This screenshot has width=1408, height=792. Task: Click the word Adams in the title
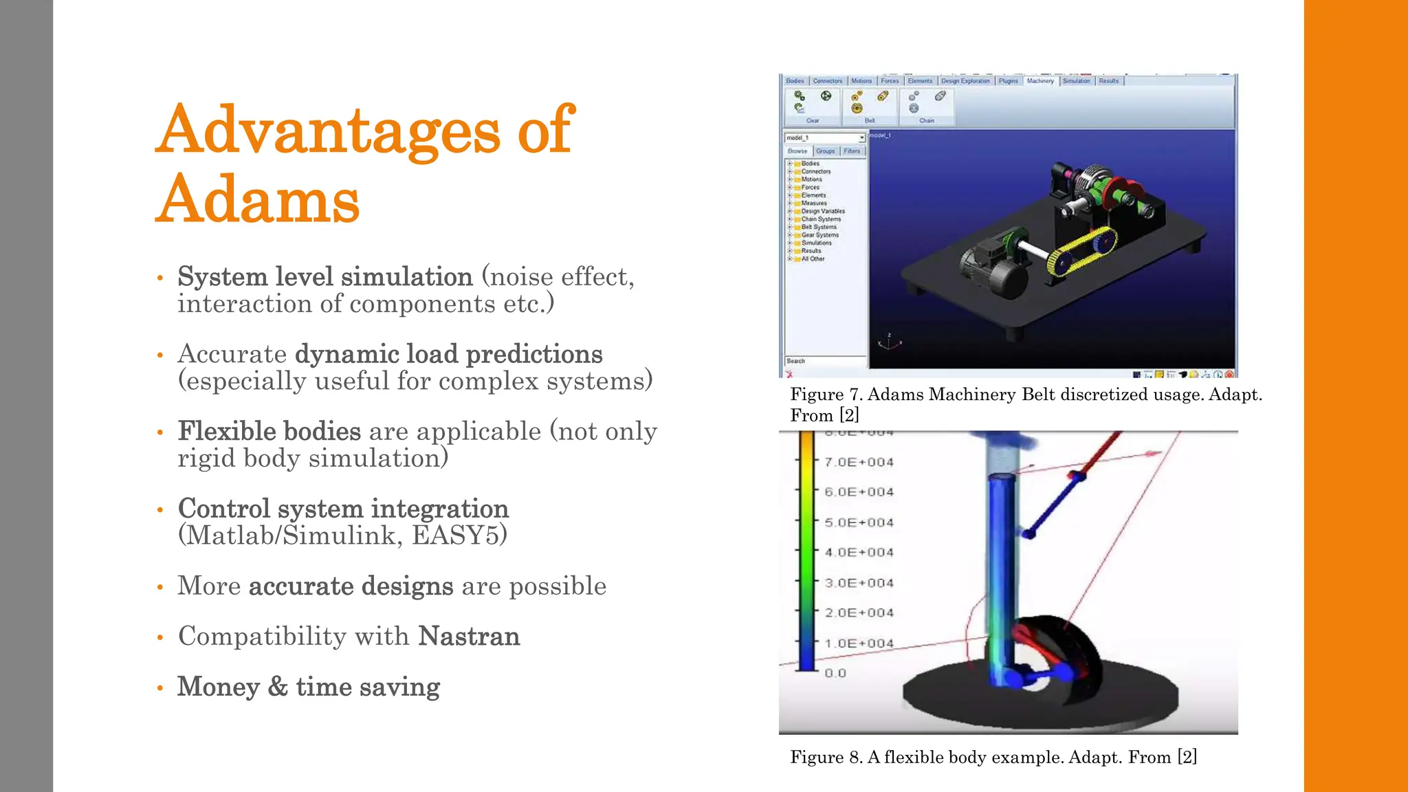(258, 200)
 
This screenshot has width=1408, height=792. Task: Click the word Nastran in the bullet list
(469, 636)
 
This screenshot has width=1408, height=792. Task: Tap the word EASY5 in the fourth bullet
(459, 536)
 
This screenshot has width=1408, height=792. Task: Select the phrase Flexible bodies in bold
(269, 431)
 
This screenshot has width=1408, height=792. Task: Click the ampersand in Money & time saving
(278, 686)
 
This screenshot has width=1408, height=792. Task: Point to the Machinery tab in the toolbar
(1039, 81)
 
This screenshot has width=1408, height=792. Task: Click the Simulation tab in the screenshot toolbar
(1076, 81)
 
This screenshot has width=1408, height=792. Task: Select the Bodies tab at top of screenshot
(795, 81)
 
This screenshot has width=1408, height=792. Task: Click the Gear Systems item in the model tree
(819, 235)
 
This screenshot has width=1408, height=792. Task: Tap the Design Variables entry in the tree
(822, 211)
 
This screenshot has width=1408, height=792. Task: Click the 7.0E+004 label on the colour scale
(859, 463)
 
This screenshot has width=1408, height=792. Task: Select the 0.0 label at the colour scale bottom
(835, 673)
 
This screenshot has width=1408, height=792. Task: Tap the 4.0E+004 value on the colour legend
(859, 553)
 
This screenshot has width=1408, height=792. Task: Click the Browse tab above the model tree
(797, 151)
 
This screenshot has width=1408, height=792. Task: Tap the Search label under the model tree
(795, 361)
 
